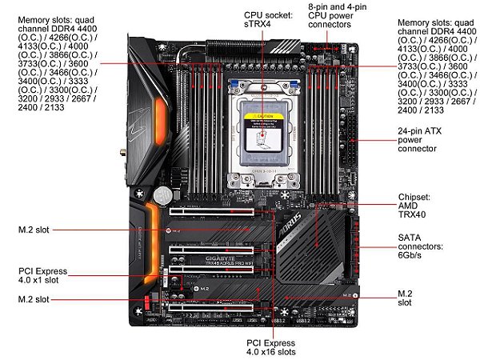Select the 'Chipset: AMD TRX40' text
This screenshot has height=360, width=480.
pyautogui.click(x=415, y=206)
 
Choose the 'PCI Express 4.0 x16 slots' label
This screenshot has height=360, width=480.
pyautogui.click(x=271, y=345)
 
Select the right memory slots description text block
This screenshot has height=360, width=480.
pyautogui.click(x=432, y=68)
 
